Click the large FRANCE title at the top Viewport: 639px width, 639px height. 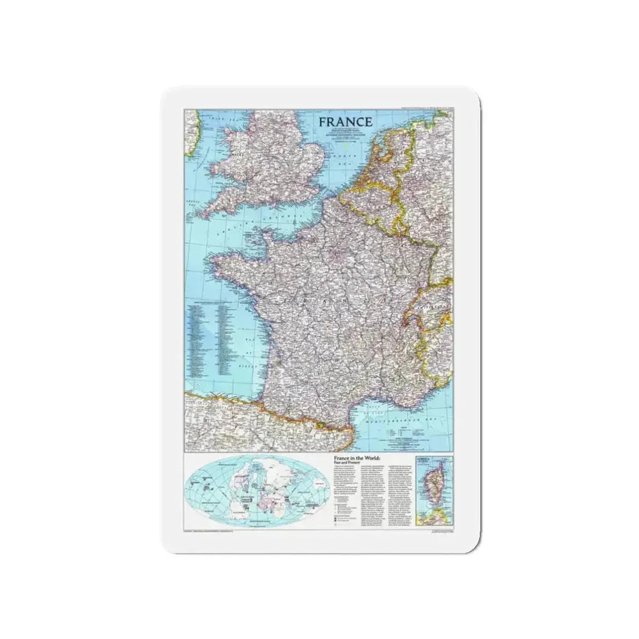345,122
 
